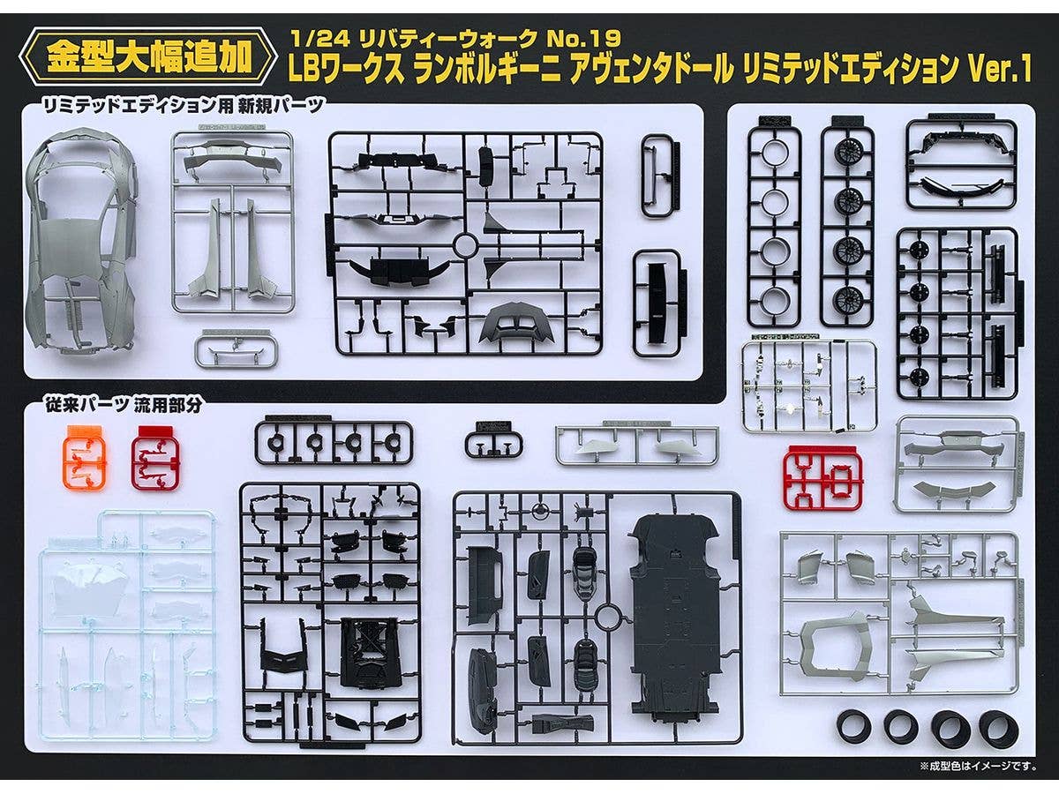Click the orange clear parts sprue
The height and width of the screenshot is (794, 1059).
pyautogui.click(x=84, y=458)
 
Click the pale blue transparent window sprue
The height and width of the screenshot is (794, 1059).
pyautogui.click(x=128, y=625)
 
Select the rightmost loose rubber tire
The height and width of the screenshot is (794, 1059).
pyautogui.click(x=998, y=728)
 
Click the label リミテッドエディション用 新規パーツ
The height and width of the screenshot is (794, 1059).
pyautogui.click(x=184, y=106)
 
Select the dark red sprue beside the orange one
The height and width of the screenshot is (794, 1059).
pyautogui.click(x=155, y=458)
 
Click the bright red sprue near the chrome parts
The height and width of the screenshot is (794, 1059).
pyautogui.click(x=823, y=477)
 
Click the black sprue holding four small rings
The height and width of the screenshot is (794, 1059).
pyautogui.click(x=333, y=442)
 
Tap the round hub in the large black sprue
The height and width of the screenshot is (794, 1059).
pyautogui.click(x=465, y=245)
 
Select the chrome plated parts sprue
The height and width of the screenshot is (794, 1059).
pyautogui.click(x=809, y=386)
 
